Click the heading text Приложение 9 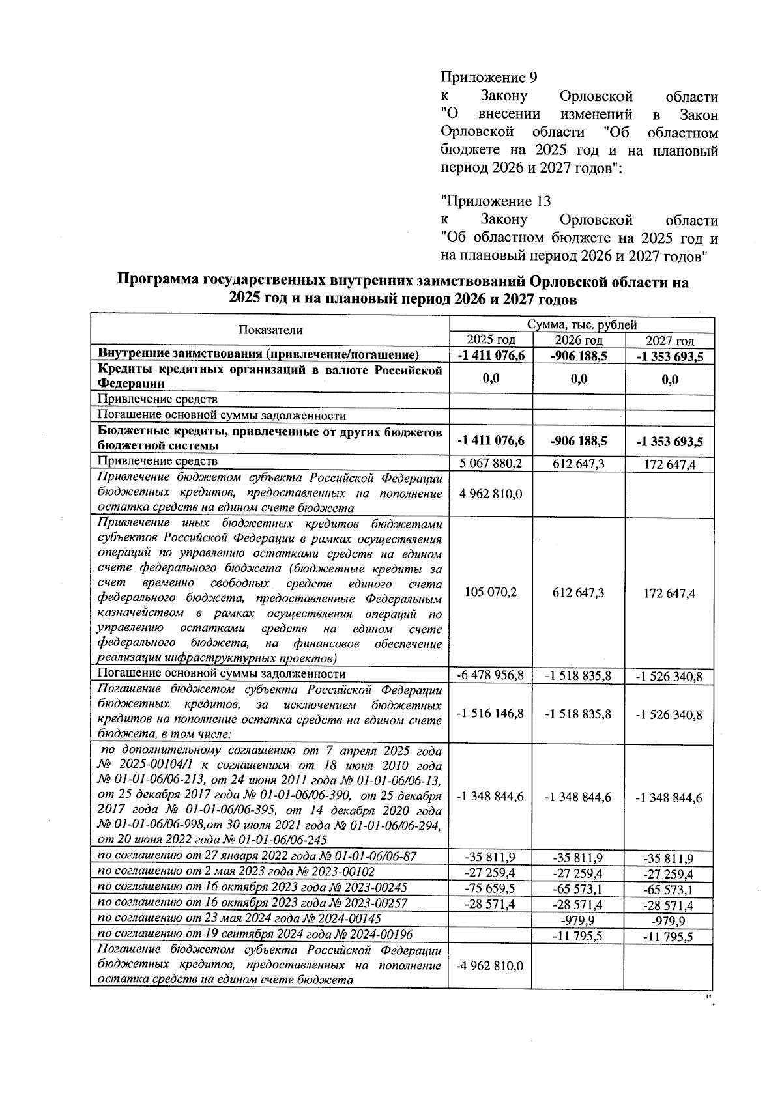tap(489, 78)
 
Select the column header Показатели tap(270, 330)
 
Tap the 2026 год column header tap(578, 340)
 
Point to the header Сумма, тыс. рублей tap(582, 324)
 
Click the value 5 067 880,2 tap(490, 463)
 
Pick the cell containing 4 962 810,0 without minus tap(490, 494)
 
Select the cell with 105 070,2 tap(490, 592)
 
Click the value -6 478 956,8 tap(490, 675)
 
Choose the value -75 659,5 tap(490, 889)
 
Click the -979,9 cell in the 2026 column tap(578, 920)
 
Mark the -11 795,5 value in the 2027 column tap(669, 937)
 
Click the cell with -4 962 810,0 tap(490, 966)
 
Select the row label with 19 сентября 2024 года tap(254, 935)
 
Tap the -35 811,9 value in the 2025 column tap(490, 857)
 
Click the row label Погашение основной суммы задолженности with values tap(221, 674)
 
